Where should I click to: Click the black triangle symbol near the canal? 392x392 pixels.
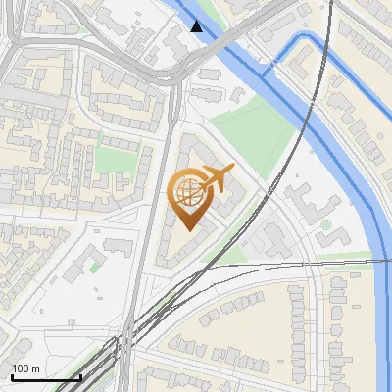click(198, 25)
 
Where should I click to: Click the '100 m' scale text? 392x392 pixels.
click(25, 368)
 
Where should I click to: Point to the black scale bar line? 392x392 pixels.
click(45, 377)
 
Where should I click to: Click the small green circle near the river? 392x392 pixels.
click(325, 223)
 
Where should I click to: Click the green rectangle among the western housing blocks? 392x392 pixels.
click(115, 160)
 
